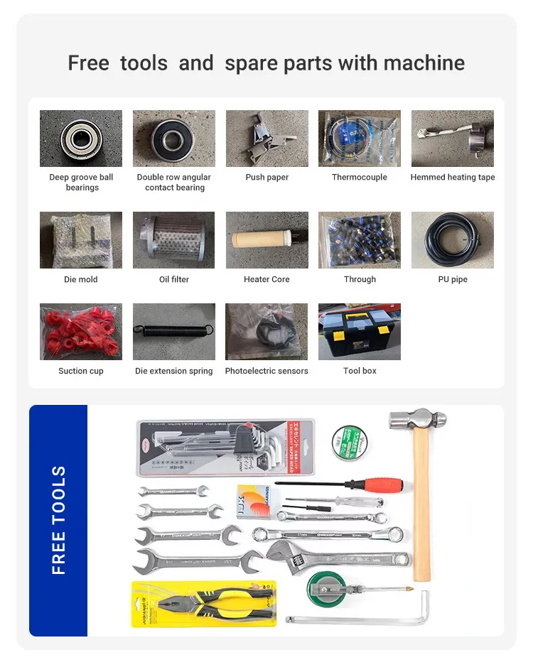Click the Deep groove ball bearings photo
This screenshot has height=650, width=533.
pyautogui.click(x=81, y=139)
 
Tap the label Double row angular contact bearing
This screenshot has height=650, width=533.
pyautogui.click(x=174, y=183)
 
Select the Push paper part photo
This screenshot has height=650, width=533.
pyautogui.click(x=267, y=139)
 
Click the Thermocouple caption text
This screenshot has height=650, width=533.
pyautogui.click(x=360, y=178)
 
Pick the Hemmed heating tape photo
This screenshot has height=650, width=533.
pyautogui.click(x=452, y=139)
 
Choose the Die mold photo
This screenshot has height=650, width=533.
pyautogui.click(x=81, y=240)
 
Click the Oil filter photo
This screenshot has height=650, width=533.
pyautogui.click(x=174, y=240)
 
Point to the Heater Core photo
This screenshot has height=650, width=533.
pyautogui.click(x=267, y=240)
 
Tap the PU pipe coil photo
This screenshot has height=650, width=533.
pyautogui.click(x=452, y=240)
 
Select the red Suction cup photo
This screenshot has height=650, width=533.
pyautogui.click(x=81, y=332)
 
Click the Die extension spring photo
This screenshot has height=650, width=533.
pyautogui.click(x=174, y=332)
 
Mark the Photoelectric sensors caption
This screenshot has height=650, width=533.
pyautogui.click(x=266, y=371)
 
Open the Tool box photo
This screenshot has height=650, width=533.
pyautogui.click(x=360, y=332)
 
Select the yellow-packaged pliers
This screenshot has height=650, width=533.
pyautogui.click(x=202, y=603)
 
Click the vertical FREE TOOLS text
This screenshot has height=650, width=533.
pyautogui.click(x=58, y=520)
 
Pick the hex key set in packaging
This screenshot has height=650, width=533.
pyautogui.click(x=225, y=447)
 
